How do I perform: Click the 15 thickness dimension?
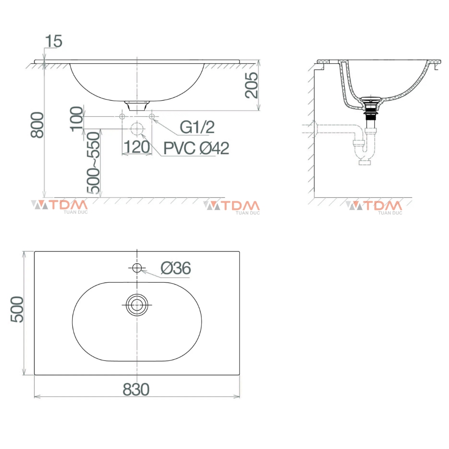tap(54, 41)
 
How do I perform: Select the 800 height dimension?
tap(37, 125)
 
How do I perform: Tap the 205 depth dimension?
tap(252, 85)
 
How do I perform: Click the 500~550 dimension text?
tap(94, 163)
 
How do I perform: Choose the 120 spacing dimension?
tap(137, 147)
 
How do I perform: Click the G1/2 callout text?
tap(197, 127)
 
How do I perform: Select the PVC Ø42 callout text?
tap(196, 148)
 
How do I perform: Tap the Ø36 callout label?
tap(175, 268)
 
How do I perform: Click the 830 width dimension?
tap(136, 390)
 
